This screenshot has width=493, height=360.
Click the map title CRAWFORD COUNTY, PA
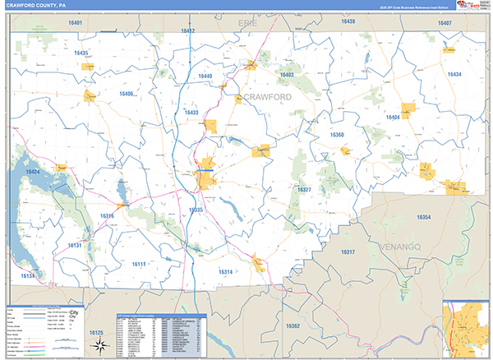[42, 5]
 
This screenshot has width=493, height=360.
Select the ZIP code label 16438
[348, 21]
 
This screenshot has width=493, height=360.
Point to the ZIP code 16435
[80, 53]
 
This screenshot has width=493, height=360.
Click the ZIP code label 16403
[286, 75]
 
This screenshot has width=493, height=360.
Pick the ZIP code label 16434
[454, 75]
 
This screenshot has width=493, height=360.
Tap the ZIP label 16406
[127, 94]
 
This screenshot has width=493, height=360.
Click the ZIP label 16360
[338, 134]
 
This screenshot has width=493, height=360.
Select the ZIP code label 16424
[32, 172]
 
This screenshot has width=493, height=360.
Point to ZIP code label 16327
[304, 190]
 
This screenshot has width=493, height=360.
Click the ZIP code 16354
[424, 217]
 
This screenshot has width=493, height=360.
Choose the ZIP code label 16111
[138, 264]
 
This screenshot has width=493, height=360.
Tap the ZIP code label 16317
[347, 252]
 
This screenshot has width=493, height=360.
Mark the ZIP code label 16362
[293, 326]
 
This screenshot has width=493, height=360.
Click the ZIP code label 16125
[96, 332]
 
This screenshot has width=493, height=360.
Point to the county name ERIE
[246, 23]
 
